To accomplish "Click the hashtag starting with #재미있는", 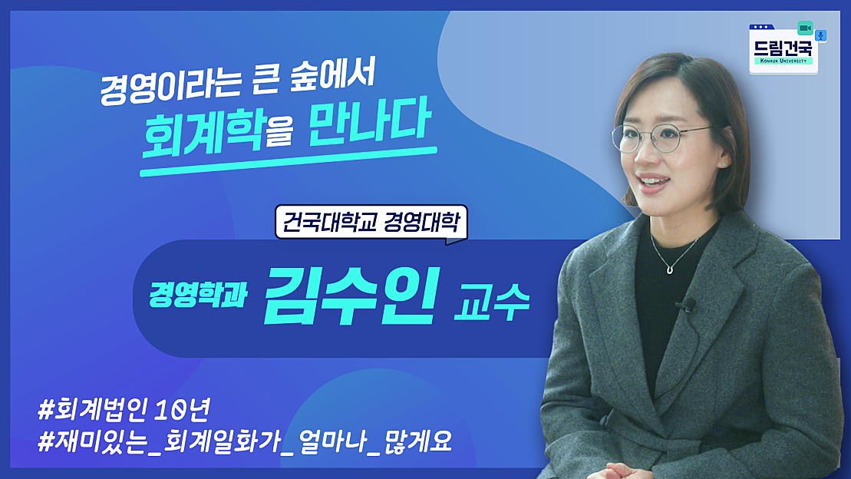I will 245,443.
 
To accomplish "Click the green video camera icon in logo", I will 804,28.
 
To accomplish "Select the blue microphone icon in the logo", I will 820,35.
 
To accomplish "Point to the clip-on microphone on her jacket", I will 681,306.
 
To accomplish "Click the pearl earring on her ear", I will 722,164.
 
